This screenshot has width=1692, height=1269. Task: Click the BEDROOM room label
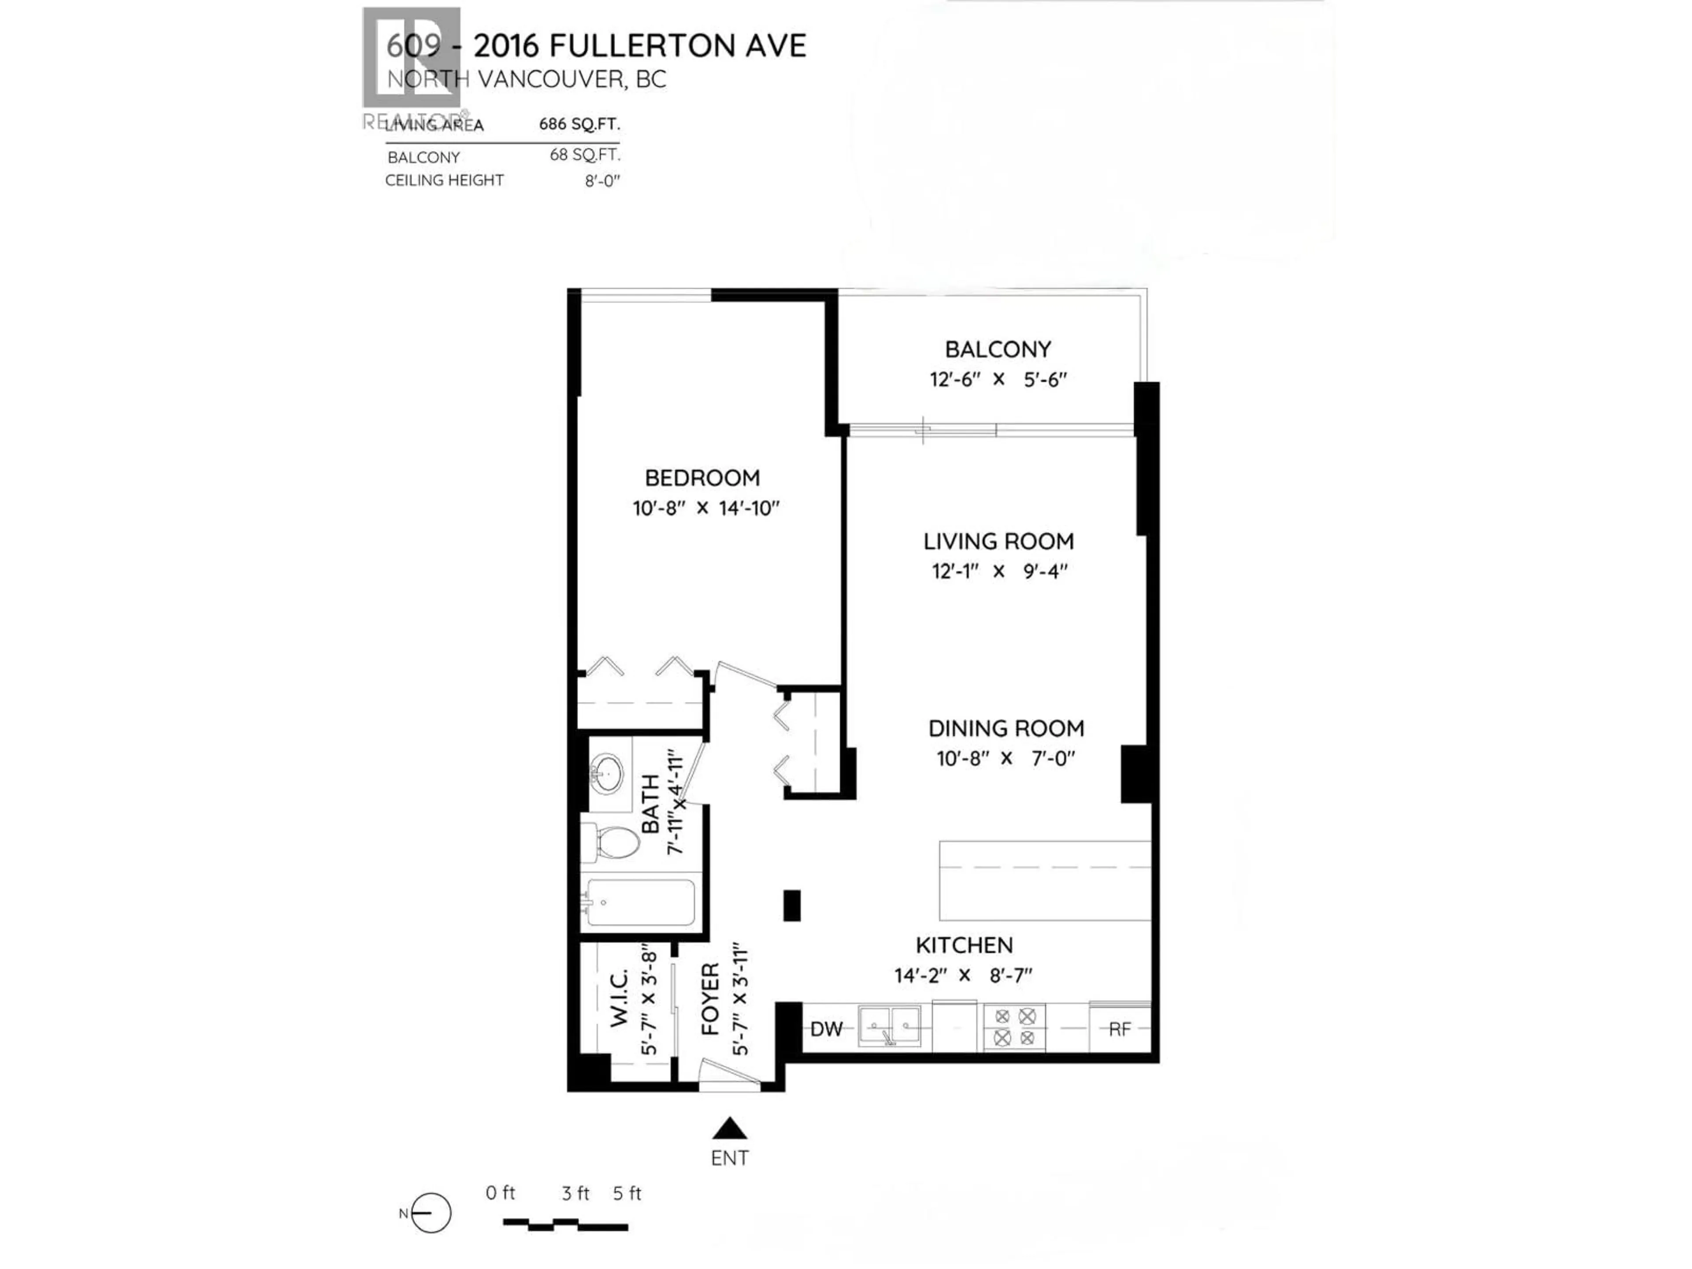[x=702, y=478]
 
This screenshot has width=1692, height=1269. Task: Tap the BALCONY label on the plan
[x=998, y=349]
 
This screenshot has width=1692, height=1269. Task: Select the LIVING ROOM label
[x=998, y=542]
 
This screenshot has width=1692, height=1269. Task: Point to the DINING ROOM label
[x=1006, y=728]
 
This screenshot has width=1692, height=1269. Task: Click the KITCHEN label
[x=964, y=946]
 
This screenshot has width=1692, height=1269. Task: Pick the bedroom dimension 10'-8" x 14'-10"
[x=705, y=508]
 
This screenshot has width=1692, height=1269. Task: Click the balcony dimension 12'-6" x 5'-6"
[x=998, y=379]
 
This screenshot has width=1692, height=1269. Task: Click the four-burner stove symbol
[x=1014, y=1027]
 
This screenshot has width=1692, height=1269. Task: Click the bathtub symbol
[x=639, y=902]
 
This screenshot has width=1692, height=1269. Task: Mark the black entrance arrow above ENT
[x=730, y=1128]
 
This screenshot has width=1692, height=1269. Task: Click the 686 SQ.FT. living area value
[x=579, y=124]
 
